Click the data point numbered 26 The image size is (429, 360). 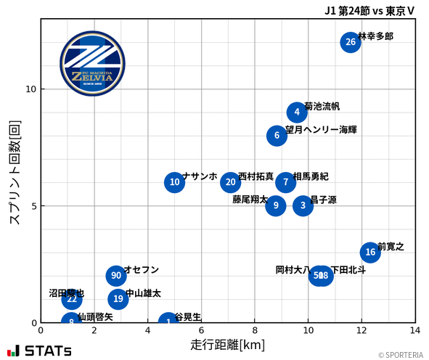351,42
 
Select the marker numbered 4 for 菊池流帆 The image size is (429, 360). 297,112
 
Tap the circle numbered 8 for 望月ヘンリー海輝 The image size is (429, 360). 277,136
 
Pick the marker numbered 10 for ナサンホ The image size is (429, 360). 174,182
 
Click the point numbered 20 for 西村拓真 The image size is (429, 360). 231,182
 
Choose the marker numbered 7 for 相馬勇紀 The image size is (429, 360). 286,182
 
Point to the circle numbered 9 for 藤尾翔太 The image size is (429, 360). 276,205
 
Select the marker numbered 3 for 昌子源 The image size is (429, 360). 303,205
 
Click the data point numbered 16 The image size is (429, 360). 370,252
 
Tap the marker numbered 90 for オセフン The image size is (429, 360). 116,276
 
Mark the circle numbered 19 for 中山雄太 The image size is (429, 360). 118,299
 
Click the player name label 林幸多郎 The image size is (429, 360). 376,36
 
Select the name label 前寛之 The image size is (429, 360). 391,247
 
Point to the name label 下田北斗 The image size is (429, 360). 348,270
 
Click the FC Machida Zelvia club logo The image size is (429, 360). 92,64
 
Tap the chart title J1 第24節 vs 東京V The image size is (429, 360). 369,10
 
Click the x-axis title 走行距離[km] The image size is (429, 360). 227,345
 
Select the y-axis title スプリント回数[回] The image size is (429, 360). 14,173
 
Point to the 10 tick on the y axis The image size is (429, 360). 31,89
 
